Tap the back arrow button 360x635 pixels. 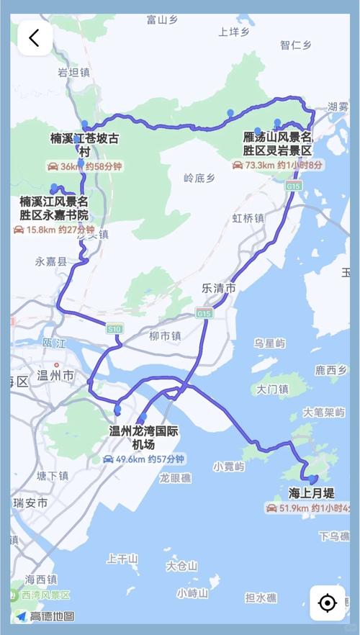[x=35, y=38]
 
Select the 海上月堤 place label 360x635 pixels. [x=311, y=494]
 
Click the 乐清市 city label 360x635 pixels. [x=218, y=287]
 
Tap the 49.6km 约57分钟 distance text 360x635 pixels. [x=145, y=459]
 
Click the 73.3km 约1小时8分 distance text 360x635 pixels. [x=276, y=165]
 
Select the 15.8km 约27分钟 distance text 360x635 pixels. [x=54, y=230]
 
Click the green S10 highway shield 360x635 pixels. [x=114, y=329]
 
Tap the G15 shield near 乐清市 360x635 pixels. [x=204, y=313]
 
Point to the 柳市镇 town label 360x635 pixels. [x=165, y=335]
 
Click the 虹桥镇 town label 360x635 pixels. [x=248, y=218]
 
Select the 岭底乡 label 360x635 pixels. [x=199, y=177]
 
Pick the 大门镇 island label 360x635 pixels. [x=273, y=389]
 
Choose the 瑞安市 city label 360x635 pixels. [x=32, y=503]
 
